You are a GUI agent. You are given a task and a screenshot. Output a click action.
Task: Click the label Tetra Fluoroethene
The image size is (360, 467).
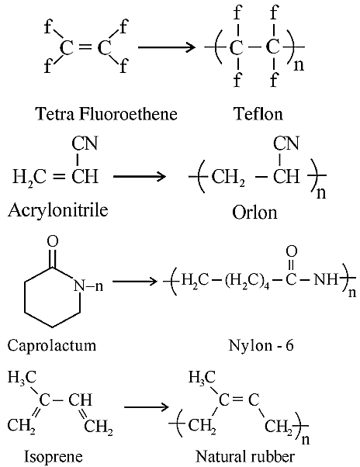[x=106, y=114]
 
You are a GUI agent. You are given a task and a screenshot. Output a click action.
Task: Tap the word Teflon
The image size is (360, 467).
[x=258, y=114]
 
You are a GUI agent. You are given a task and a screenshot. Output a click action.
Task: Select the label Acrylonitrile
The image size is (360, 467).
[x=57, y=210]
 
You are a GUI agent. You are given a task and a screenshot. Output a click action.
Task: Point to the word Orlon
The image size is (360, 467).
[x=254, y=213]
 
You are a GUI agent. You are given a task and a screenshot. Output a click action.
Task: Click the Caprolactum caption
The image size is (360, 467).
[x=52, y=346]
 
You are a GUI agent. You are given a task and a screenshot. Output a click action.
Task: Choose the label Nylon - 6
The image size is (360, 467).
[x=261, y=345]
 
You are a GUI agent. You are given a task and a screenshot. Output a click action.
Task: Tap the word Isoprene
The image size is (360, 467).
[x=53, y=456]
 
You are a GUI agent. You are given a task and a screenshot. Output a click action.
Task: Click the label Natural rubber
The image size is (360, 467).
[x=245, y=456]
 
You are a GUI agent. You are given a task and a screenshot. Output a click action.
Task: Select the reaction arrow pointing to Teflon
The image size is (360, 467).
[x=167, y=47]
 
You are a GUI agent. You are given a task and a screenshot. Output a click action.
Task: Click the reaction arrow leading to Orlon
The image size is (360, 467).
[x=140, y=176]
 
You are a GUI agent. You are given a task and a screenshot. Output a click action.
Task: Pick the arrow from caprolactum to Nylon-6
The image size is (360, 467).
[x=134, y=281]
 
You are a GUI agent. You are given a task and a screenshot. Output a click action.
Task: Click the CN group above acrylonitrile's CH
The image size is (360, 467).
[x=85, y=144]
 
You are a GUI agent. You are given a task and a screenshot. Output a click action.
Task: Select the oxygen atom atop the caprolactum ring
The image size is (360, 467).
[x=53, y=241]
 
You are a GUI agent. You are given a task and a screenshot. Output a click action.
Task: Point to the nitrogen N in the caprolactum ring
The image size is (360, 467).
[x=79, y=285]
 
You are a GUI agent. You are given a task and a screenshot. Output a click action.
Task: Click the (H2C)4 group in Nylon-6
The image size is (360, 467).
[x=247, y=282]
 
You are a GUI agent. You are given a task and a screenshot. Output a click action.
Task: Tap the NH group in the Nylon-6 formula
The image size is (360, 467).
[x=326, y=280]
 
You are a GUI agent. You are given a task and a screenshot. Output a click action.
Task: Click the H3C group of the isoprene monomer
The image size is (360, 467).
[x=22, y=377]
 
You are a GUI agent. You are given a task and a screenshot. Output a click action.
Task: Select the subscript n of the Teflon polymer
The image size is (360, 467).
[x=299, y=65]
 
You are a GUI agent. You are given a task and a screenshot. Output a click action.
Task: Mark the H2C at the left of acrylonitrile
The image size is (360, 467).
[x=29, y=177]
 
